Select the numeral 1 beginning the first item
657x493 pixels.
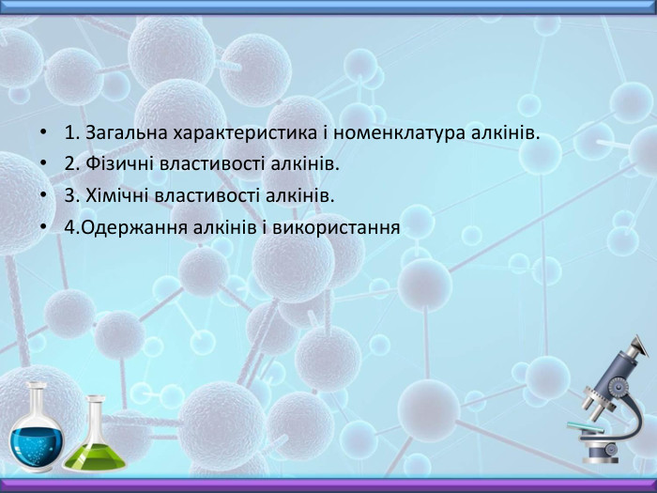70,132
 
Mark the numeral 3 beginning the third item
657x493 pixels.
70,195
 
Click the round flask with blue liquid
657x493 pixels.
38,433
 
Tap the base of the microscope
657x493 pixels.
606,454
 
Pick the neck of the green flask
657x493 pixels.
95,409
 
